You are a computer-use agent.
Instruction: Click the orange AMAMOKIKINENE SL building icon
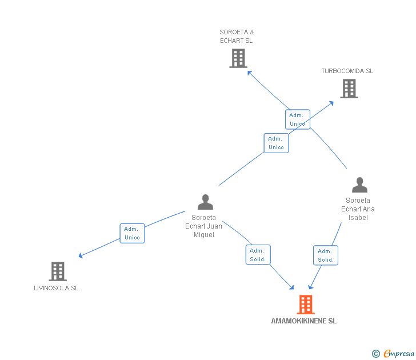pos(306,305)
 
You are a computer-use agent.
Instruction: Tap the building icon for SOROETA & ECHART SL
pos(238,58)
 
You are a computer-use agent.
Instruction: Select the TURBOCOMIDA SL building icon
pos(349,89)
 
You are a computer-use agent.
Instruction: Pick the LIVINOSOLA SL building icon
pos(58,271)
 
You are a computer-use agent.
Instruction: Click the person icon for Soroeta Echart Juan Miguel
pos(205,202)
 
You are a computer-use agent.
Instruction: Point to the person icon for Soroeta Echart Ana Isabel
pos(359,185)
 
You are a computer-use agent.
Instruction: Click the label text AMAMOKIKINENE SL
pos(304,321)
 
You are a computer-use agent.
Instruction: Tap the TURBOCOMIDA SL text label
pos(347,71)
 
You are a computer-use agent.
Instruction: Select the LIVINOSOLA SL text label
pos(56,288)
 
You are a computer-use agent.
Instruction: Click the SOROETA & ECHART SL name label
pos(237,37)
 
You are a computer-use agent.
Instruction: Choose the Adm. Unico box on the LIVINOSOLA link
pos(132,233)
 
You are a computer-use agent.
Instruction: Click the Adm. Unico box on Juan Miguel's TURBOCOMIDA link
pos(276,143)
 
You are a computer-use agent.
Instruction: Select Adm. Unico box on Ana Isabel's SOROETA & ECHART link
pos(297,119)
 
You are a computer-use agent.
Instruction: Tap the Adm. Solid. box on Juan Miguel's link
pos(258,255)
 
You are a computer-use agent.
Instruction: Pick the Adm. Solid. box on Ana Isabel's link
pos(326,255)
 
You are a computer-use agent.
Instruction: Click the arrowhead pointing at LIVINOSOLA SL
pos(81,255)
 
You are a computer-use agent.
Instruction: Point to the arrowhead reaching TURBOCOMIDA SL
pos(331,103)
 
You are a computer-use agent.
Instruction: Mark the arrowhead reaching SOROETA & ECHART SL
pos(249,73)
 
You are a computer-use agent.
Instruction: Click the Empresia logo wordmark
pos(399,353)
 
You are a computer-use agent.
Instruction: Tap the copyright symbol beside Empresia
pos(376,354)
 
